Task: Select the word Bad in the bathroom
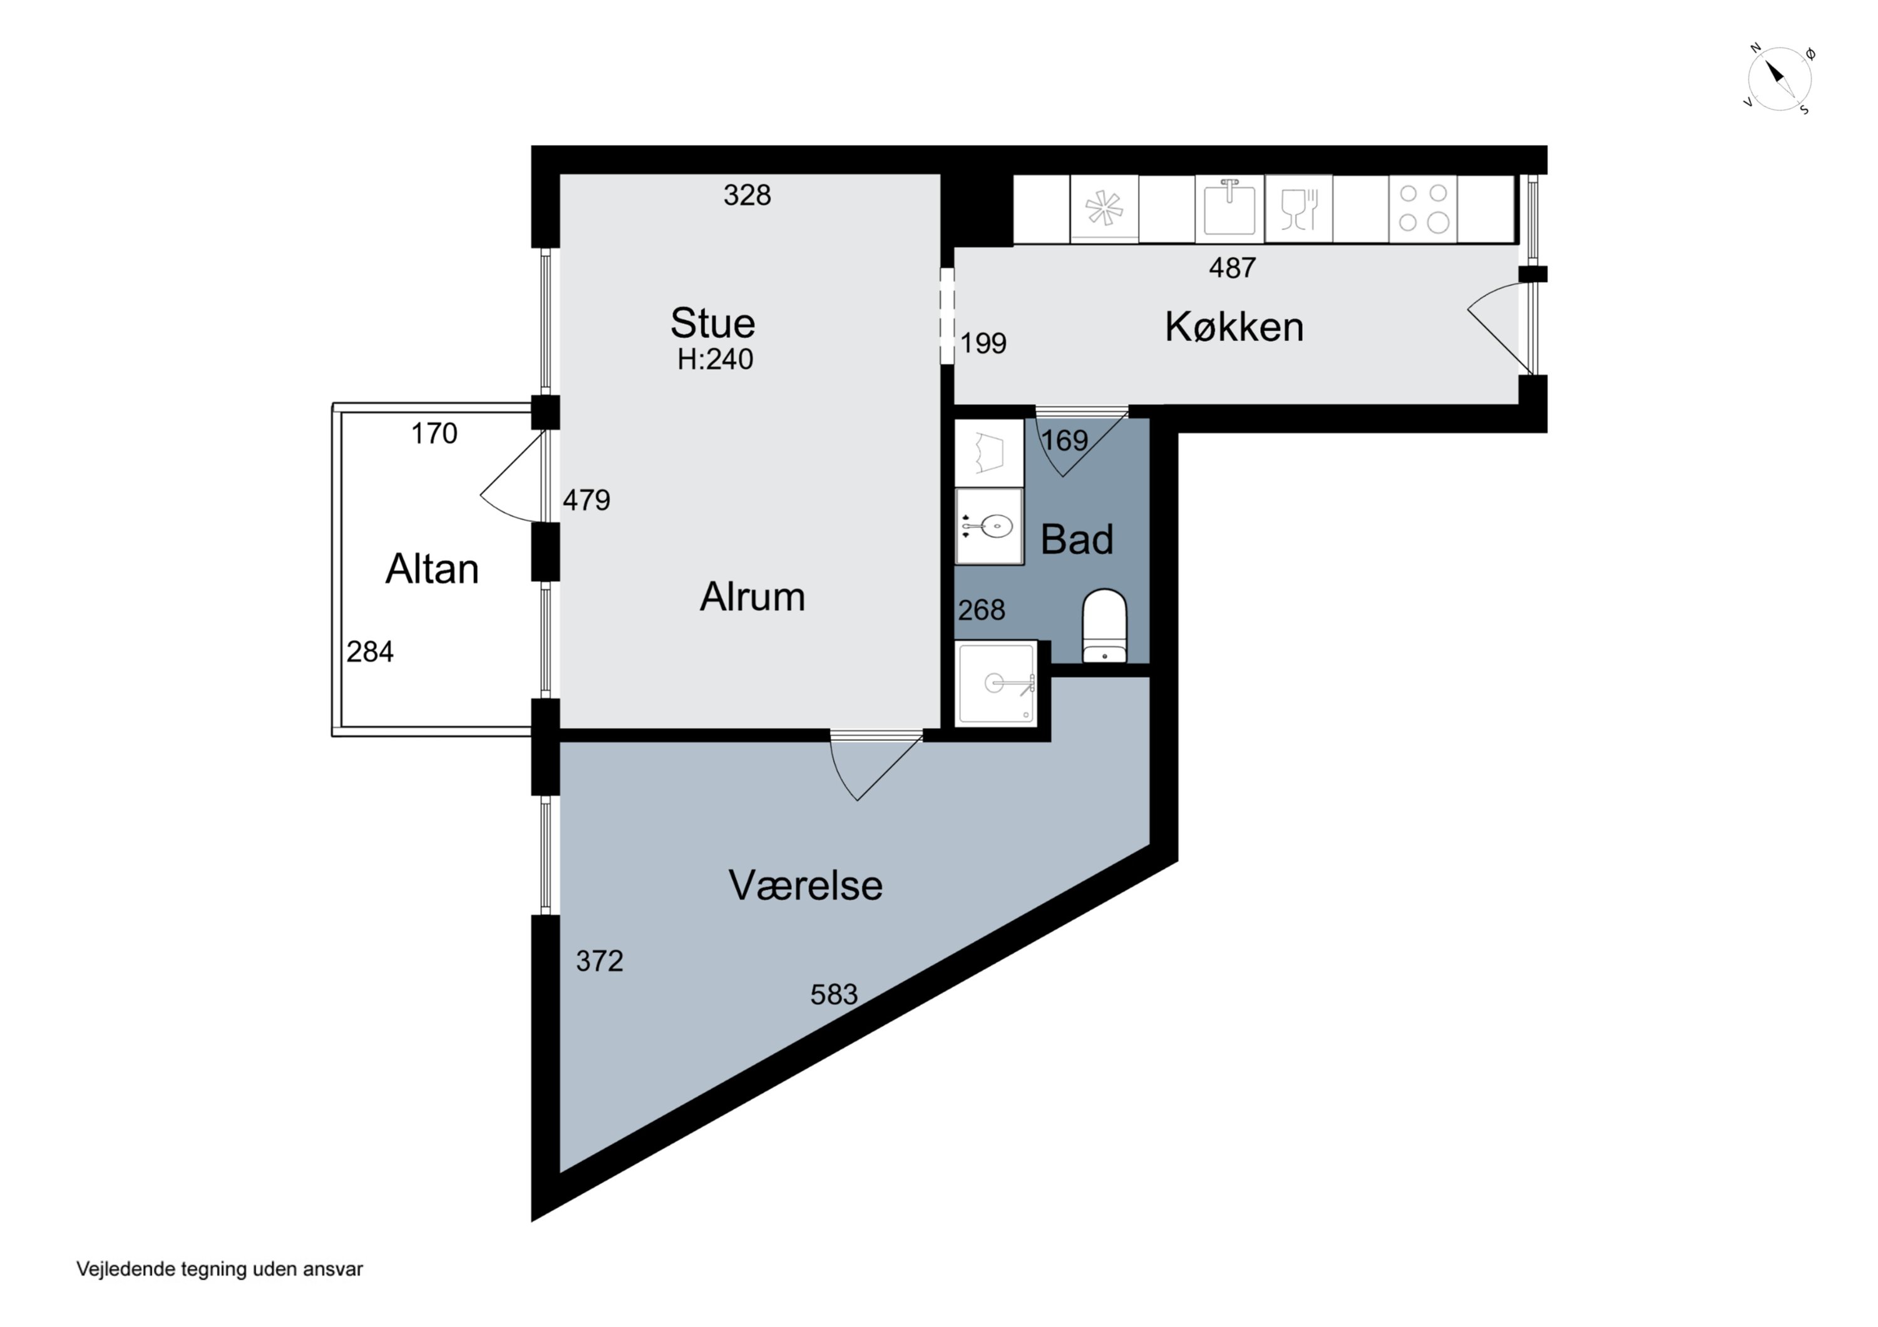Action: (x=1077, y=540)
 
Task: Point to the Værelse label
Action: (x=806, y=885)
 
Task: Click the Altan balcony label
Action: (x=432, y=569)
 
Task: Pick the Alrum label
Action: (x=752, y=597)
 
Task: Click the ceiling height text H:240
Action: (x=715, y=359)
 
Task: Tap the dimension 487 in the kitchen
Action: (x=1233, y=267)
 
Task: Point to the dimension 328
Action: (x=747, y=195)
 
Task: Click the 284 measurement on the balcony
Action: (x=370, y=652)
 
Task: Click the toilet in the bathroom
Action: (x=1104, y=626)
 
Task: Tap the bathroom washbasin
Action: (x=990, y=526)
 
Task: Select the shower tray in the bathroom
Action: (x=996, y=683)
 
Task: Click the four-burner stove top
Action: (x=1424, y=208)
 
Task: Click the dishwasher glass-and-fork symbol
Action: (x=1299, y=210)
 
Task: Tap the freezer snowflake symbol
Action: (x=1104, y=208)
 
